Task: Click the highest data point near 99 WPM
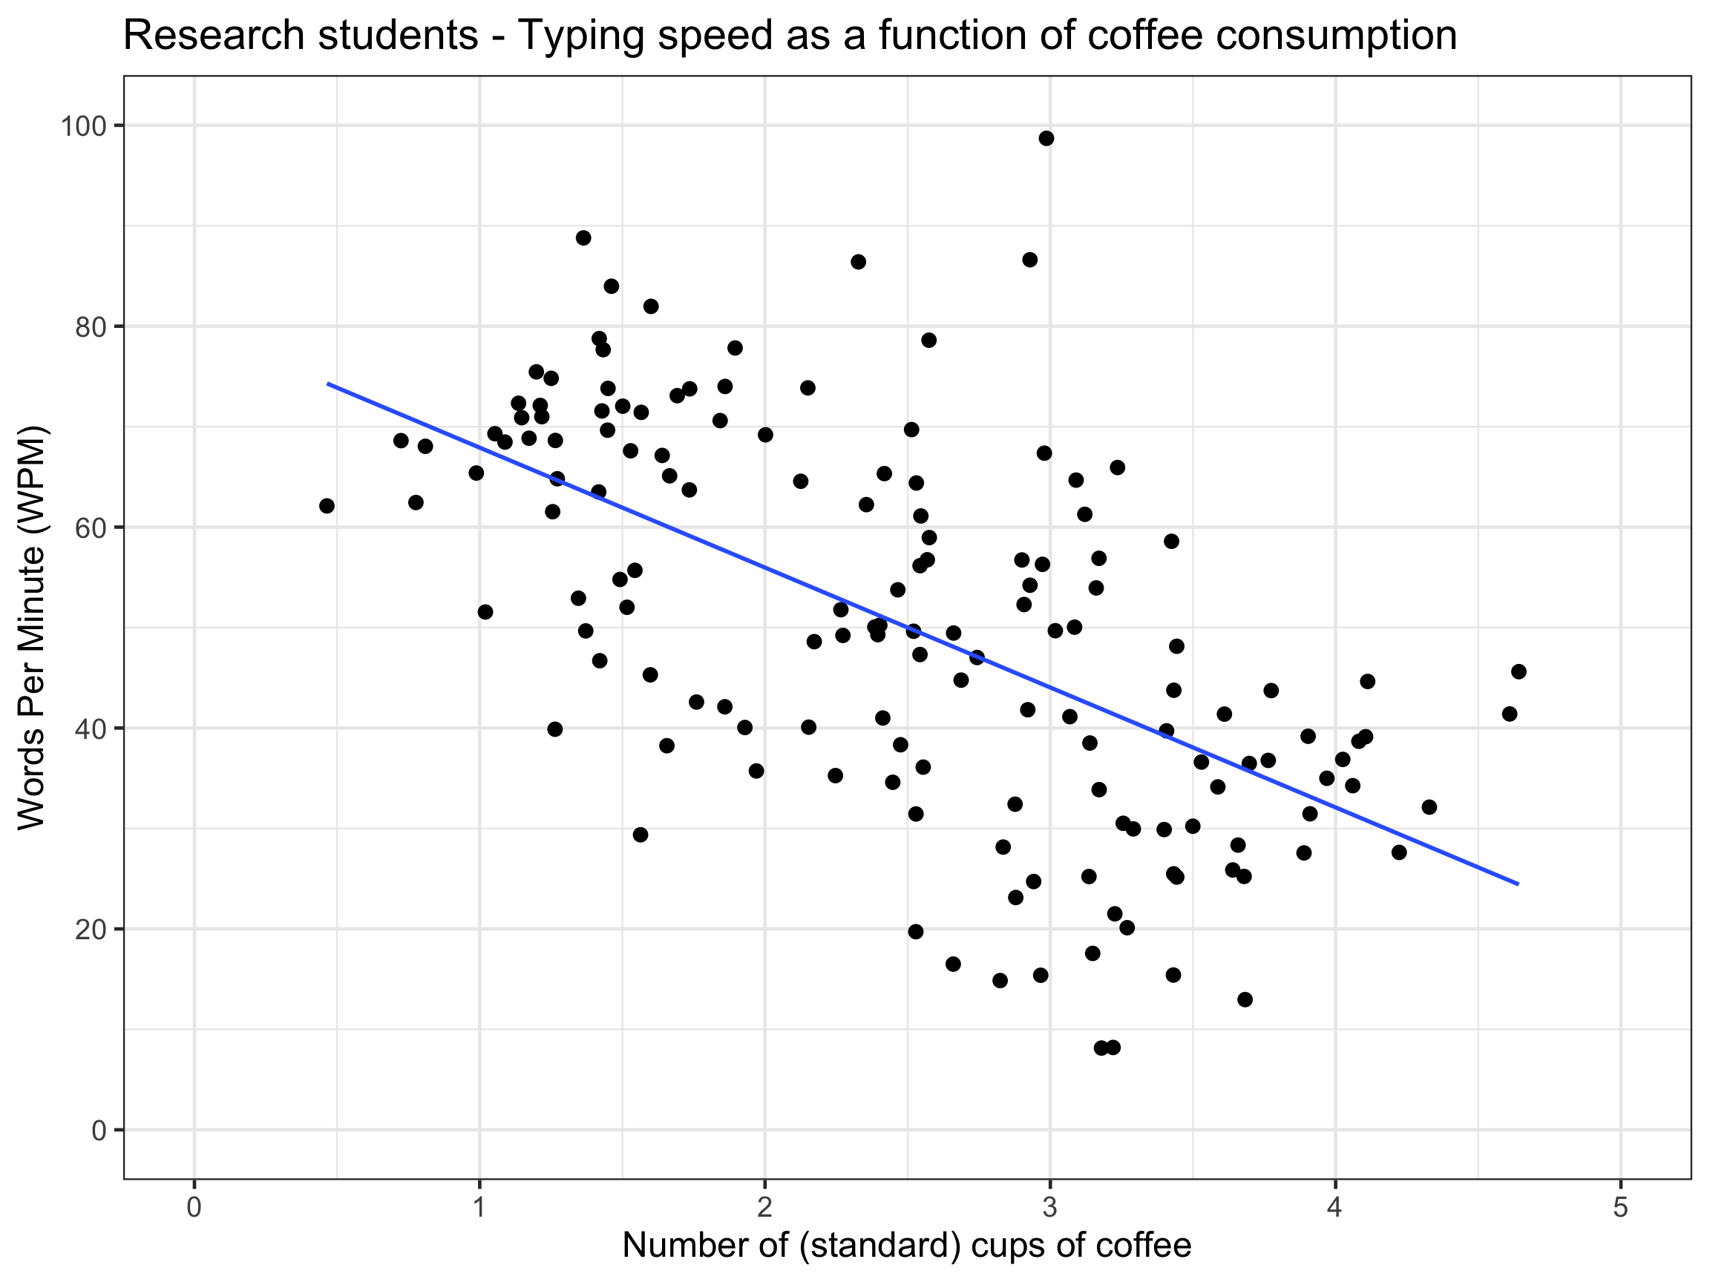[x=1046, y=138]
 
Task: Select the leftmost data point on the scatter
[x=327, y=505]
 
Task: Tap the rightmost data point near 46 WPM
[x=1519, y=671]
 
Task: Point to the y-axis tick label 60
[x=91, y=527]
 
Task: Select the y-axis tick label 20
[x=91, y=930]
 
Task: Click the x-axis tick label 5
[x=1621, y=1207]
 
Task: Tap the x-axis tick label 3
[x=1049, y=1207]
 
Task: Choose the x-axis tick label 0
[x=194, y=1207]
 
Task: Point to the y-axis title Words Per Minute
[x=33, y=628]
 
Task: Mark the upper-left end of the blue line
[x=329, y=384]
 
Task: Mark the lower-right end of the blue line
[x=1518, y=884]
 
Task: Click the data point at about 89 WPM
[x=583, y=238]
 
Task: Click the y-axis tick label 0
[x=99, y=1131]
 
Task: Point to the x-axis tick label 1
[x=479, y=1207]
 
